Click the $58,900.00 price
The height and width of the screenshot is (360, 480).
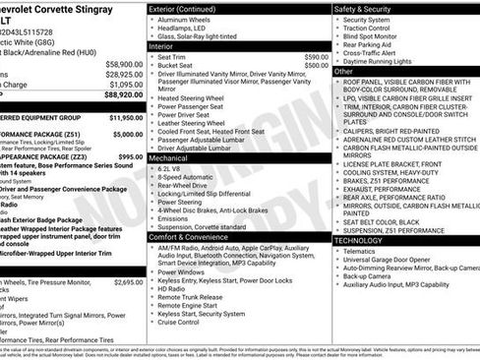[123, 64]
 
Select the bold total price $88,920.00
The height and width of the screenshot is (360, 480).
[122, 95]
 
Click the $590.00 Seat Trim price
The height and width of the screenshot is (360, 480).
[316, 57]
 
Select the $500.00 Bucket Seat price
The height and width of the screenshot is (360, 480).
[316, 66]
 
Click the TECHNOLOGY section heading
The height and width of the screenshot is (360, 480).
[359, 239]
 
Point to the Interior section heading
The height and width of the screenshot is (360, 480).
[161, 46]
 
